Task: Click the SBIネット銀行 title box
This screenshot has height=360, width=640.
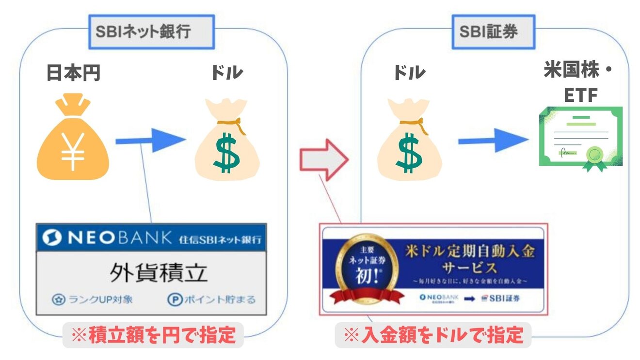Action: [151, 32]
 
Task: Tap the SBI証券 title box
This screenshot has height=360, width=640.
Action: [493, 32]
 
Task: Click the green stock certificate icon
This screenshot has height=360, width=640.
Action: [580, 137]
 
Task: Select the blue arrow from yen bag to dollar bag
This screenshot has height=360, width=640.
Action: [150, 141]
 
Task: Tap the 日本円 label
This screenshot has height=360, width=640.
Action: [73, 73]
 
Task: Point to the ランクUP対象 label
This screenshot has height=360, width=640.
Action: [92, 299]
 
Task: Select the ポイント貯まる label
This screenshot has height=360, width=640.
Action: [211, 299]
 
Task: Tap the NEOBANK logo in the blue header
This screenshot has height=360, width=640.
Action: [107, 237]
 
